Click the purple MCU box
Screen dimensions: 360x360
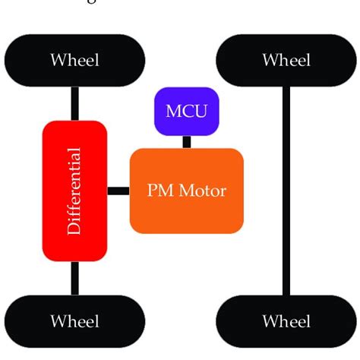[x=186, y=112]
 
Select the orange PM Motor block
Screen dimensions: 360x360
[x=187, y=190]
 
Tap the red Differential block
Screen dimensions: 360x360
[x=74, y=189]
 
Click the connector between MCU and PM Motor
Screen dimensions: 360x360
[x=186, y=142]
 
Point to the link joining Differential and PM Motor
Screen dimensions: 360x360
[x=118, y=190]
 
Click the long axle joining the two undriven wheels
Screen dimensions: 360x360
[x=286, y=190]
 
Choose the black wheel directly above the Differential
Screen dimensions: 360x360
[x=74, y=59]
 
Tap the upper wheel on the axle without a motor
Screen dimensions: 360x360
[x=286, y=59]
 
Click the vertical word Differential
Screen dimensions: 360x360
[x=74, y=190]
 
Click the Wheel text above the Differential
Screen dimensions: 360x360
[x=74, y=59]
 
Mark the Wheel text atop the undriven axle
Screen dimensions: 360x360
[x=286, y=59]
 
